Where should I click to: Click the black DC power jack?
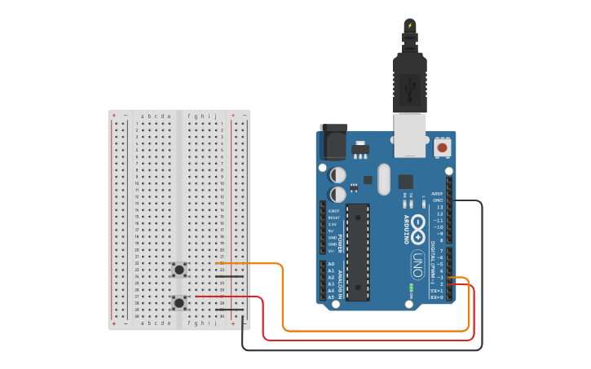click(333, 143)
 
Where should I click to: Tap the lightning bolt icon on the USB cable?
click(409, 26)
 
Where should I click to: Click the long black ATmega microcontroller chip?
click(358, 252)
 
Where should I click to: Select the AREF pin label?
click(437, 194)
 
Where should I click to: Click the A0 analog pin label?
click(331, 265)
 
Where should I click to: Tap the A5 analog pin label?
click(331, 297)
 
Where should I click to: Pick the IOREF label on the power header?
click(334, 210)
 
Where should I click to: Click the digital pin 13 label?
click(439, 207)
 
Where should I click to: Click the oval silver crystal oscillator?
click(384, 179)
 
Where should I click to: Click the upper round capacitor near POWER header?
click(337, 175)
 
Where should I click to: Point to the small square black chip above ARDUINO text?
click(405, 181)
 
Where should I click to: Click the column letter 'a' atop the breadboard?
click(143, 116)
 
